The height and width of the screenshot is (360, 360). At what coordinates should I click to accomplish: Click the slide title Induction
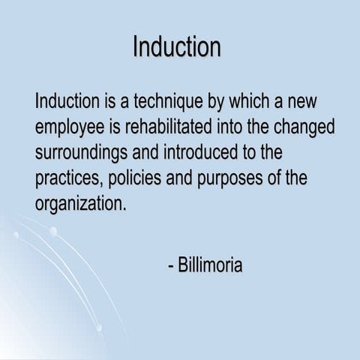(177, 46)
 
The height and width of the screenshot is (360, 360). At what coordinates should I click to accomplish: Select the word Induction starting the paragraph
(66, 100)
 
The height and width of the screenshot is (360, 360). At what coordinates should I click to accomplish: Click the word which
(242, 100)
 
